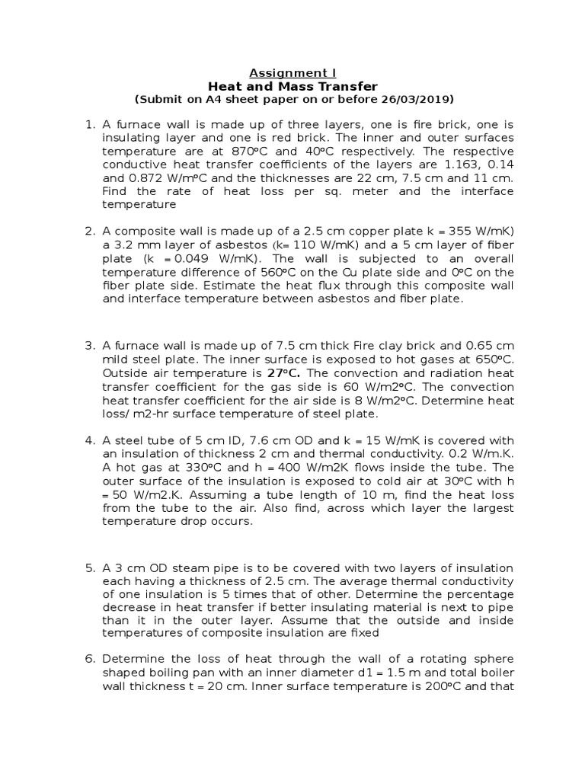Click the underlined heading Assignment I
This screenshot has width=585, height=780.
(x=292, y=73)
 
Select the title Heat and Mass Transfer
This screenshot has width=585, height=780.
(x=292, y=86)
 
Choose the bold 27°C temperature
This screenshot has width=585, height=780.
(x=283, y=373)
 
